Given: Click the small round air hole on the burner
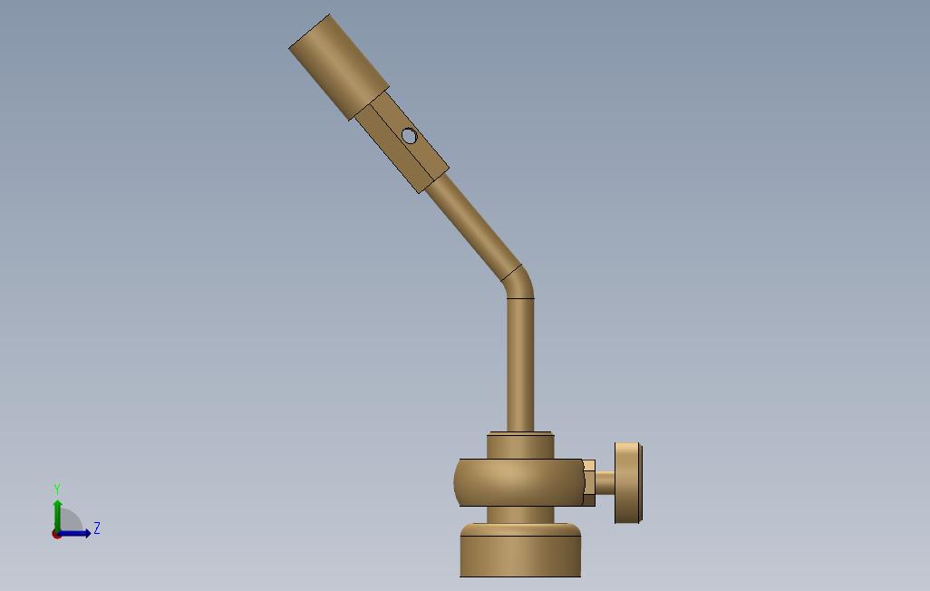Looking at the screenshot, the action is [409, 136].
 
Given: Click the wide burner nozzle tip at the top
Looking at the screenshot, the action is [339, 67].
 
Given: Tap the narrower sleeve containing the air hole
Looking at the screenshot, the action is [402, 142].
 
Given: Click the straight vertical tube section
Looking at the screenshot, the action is [520, 365].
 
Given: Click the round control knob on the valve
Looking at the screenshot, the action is [627, 483].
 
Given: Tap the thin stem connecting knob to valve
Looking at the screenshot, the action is [605, 483].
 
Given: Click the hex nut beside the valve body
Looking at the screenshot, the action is [589, 483].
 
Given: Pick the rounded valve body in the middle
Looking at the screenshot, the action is [518, 482].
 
